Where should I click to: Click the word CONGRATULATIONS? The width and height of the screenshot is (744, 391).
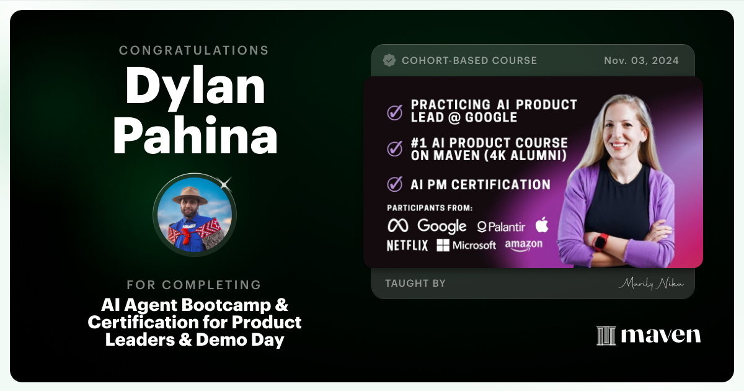194,50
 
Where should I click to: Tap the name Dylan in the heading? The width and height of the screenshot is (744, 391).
195,88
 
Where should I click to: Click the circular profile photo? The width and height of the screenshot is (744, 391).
195,215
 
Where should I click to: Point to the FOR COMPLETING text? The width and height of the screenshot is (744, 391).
194,285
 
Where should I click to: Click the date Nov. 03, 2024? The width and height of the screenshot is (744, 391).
641,60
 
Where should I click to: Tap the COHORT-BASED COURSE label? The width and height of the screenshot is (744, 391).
469,60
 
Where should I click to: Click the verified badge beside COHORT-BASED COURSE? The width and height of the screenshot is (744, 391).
389,60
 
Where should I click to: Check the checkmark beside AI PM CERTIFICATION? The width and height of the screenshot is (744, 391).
394,184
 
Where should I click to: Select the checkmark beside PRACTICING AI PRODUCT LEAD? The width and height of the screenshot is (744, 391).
394,112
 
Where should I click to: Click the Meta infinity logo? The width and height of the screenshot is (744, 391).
398,225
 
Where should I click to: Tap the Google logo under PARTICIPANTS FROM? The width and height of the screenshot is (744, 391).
441,226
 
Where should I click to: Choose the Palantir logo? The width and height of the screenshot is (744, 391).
501,227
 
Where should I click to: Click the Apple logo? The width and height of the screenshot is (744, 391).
542,224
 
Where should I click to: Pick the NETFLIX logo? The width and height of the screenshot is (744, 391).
407,246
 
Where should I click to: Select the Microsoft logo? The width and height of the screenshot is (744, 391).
466,246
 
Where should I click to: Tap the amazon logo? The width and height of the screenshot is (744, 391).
523,246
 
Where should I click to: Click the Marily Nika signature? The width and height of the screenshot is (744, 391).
650,284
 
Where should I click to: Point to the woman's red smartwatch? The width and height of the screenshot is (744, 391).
600,241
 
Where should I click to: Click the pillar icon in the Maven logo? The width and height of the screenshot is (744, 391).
606,336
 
